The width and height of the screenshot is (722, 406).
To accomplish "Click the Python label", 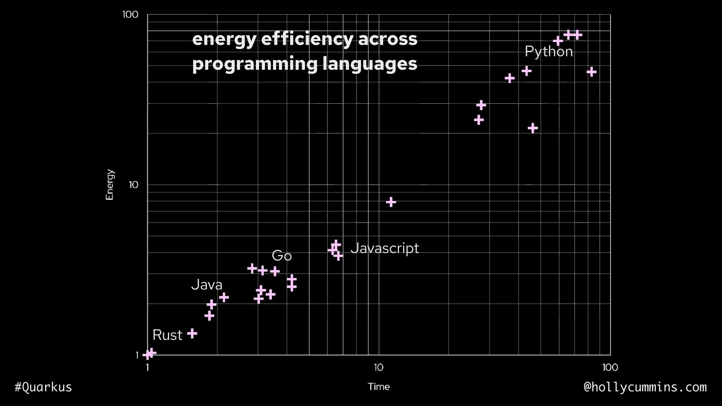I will click(549, 52).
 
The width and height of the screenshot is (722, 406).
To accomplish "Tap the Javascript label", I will click(384, 248).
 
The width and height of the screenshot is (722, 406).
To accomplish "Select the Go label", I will click(282, 256).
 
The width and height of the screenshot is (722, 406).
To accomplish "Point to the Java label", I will click(206, 285).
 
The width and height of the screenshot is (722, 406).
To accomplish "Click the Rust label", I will click(167, 335).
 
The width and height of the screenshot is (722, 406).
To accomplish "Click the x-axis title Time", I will click(379, 387).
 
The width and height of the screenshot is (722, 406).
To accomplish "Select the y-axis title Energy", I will click(110, 185).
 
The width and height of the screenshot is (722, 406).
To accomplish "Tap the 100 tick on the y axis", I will click(130, 15).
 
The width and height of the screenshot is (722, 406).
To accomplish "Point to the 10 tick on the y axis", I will click(133, 185).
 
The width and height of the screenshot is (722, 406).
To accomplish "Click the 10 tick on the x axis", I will click(379, 367).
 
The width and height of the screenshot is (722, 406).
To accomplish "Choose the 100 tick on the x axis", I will click(610, 367).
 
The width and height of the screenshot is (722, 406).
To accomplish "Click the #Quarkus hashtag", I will click(43, 387).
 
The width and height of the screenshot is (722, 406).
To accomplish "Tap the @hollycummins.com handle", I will click(645, 387).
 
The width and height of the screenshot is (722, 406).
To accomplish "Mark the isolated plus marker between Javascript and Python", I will click(391, 202).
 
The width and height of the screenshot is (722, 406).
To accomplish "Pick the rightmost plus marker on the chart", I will click(592, 72).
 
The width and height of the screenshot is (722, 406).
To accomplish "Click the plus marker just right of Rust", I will click(192, 333).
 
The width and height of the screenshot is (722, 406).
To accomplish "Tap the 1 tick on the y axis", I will click(137, 355).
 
